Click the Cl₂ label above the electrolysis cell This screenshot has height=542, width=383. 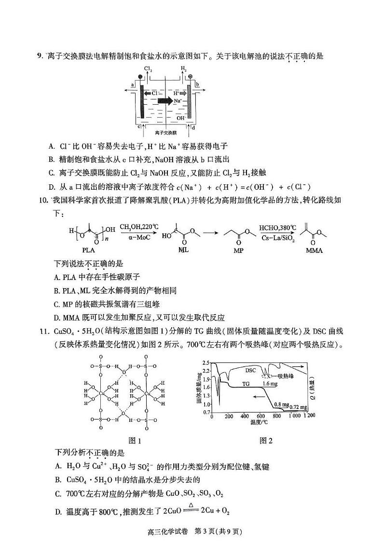148,69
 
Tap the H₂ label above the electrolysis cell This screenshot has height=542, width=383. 184,69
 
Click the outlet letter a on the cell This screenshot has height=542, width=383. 132,84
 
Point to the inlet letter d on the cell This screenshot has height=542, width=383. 193,128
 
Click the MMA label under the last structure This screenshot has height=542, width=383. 314,250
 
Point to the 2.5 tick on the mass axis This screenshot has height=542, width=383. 206,362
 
